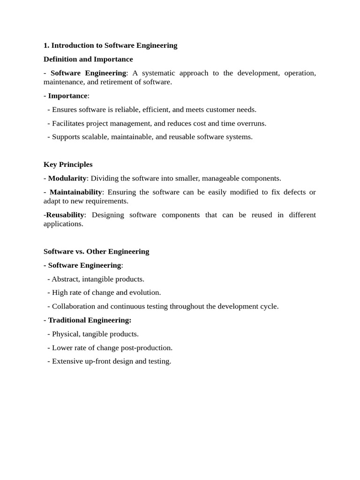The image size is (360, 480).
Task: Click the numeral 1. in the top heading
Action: (x=46, y=45)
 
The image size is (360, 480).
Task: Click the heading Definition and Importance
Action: (x=88, y=59)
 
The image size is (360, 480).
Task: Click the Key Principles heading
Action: (x=68, y=165)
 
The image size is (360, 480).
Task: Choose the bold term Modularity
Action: (x=67, y=178)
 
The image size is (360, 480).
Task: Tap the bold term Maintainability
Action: (x=75, y=192)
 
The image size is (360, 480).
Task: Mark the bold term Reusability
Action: (x=65, y=215)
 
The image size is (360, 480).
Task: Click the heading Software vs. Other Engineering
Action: (x=96, y=251)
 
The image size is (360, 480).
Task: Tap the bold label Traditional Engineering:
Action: (x=90, y=320)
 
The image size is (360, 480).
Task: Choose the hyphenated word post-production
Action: (x=150, y=348)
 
